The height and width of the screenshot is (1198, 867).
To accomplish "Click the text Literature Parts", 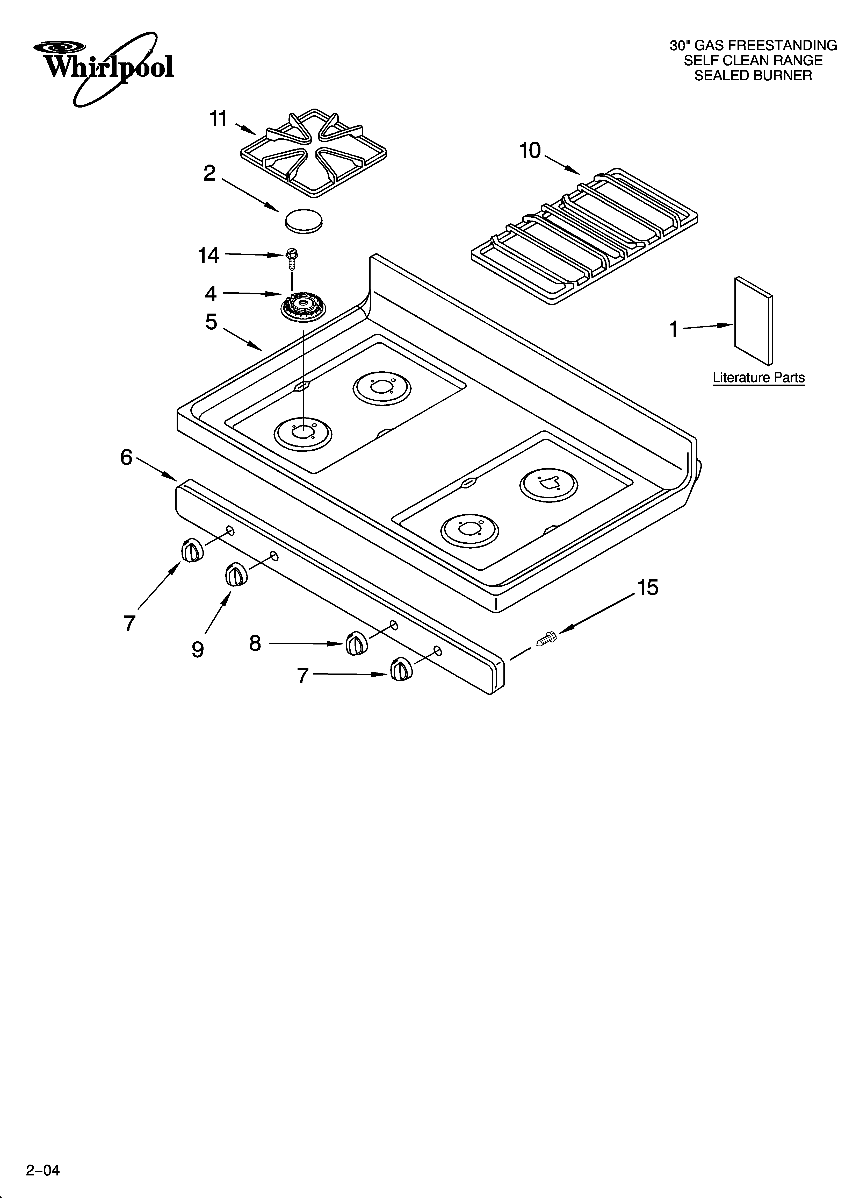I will click(758, 378).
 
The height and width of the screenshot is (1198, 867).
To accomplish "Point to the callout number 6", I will click(126, 457).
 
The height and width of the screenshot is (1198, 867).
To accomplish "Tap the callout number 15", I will click(648, 587).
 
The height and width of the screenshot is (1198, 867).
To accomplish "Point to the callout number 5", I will click(211, 322).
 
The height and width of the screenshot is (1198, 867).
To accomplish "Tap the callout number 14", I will click(208, 255).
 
